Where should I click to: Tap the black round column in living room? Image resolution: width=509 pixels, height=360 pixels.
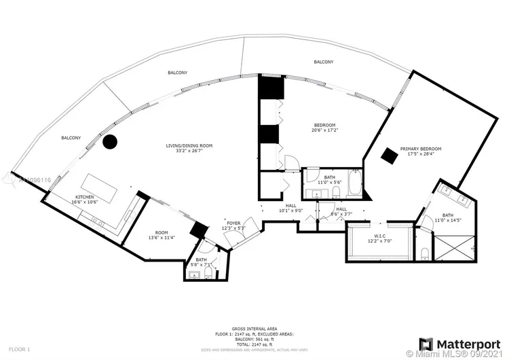(110, 142)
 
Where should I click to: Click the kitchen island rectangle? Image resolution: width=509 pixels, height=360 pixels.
(100, 187)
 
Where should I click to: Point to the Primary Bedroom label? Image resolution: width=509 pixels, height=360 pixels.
(421, 151)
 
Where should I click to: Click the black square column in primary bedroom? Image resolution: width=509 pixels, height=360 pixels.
(389, 155)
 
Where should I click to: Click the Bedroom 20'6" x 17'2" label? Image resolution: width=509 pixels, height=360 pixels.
(324, 128)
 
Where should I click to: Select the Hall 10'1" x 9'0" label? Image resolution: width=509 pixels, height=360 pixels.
(290, 208)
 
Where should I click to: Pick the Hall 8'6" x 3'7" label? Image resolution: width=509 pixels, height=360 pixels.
(341, 211)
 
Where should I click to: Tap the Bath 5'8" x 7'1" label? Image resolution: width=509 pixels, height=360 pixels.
(202, 262)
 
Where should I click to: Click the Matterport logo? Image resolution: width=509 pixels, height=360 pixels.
(455, 343)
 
